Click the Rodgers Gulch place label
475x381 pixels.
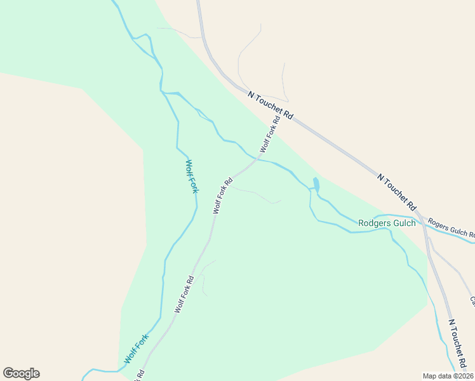click(387, 223)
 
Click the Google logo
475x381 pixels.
click(21, 373)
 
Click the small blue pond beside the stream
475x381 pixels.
click(316, 185)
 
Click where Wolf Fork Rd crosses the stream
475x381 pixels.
click(257, 158)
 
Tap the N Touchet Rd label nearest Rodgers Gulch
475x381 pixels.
click(397, 192)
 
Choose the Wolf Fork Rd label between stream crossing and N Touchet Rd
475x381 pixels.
click(270, 135)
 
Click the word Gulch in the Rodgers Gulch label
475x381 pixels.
click(404, 223)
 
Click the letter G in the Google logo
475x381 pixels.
click(8, 373)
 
